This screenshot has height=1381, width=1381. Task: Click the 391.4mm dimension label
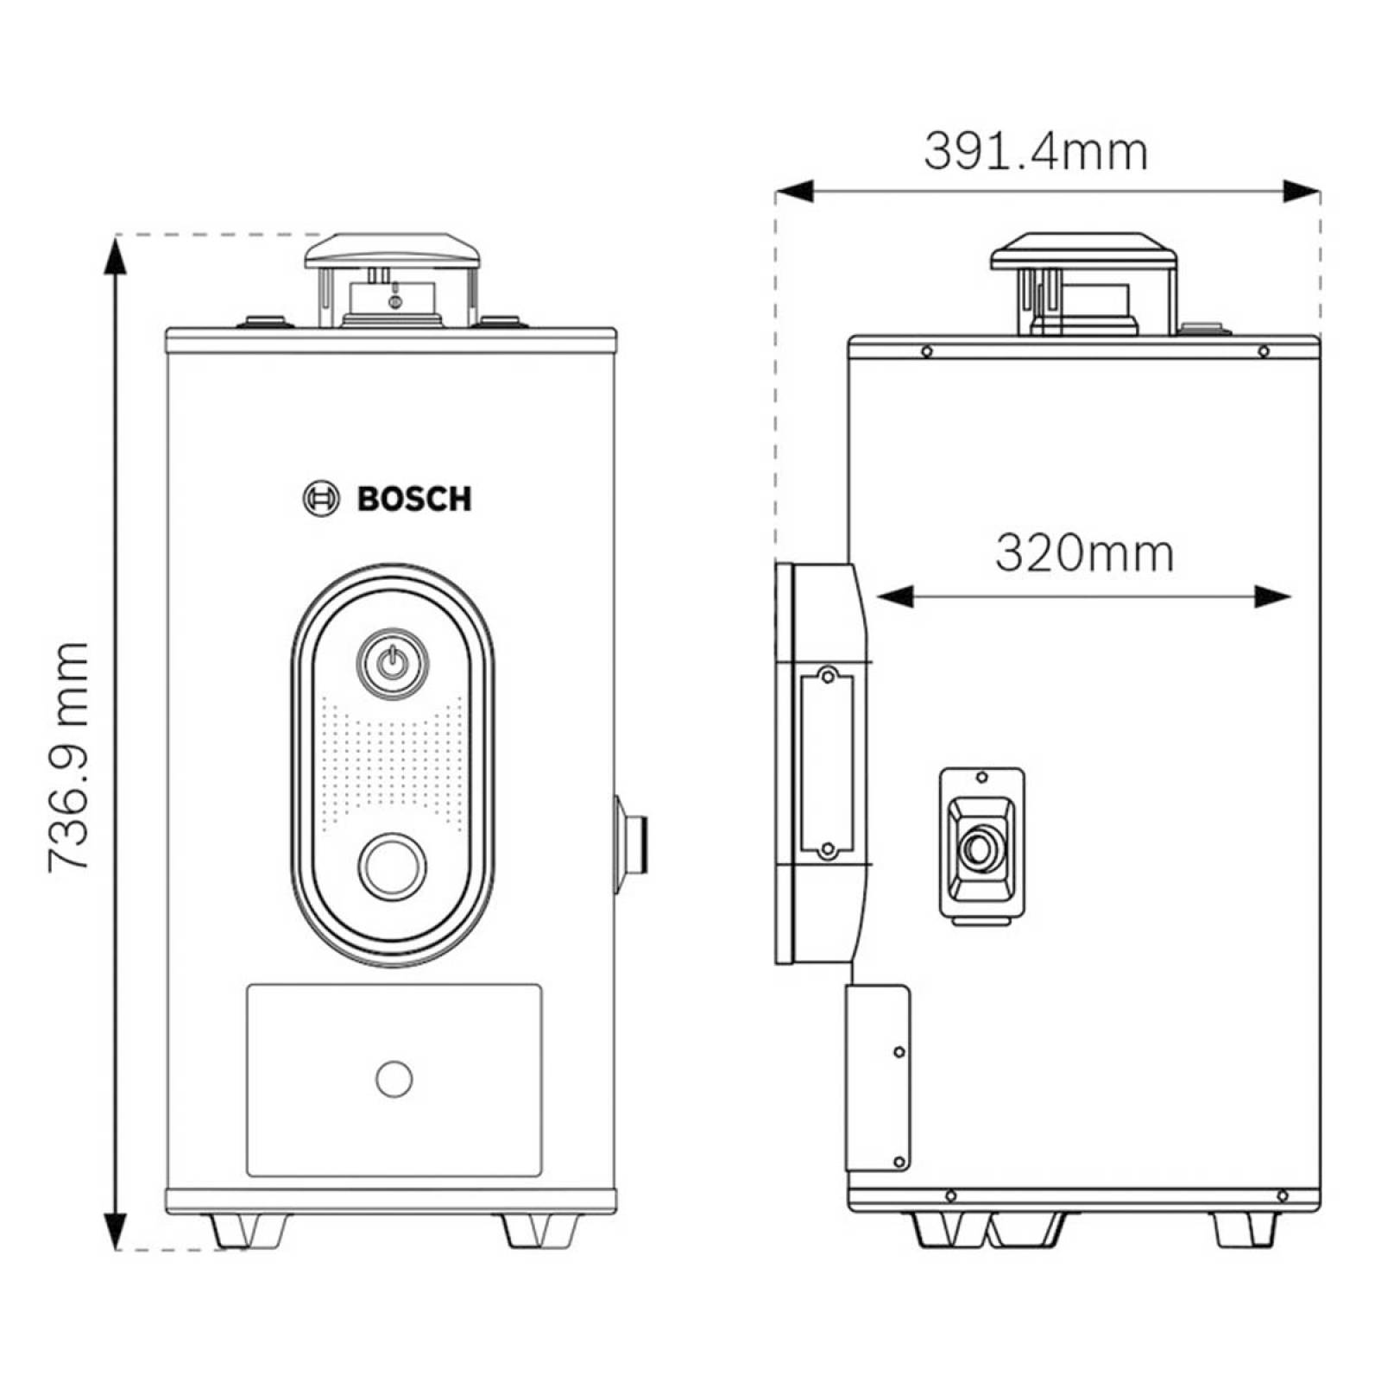coord(1036,152)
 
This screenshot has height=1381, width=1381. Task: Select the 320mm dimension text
coord(1084,553)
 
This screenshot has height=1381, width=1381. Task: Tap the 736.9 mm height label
coord(68,756)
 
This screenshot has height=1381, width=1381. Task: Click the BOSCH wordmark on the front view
coord(414,499)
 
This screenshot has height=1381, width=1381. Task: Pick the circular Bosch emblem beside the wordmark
coord(321,499)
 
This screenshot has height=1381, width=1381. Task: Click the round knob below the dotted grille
coord(393,866)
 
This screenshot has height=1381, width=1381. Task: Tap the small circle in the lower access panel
coord(394,1079)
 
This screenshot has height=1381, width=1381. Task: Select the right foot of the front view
coord(540,1230)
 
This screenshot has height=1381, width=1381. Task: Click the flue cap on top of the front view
coord(394,249)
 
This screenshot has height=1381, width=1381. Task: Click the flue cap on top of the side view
coord(1084,249)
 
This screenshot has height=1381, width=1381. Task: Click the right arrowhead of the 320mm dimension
coord(1273,596)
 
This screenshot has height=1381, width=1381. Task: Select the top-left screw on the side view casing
coord(927,351)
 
